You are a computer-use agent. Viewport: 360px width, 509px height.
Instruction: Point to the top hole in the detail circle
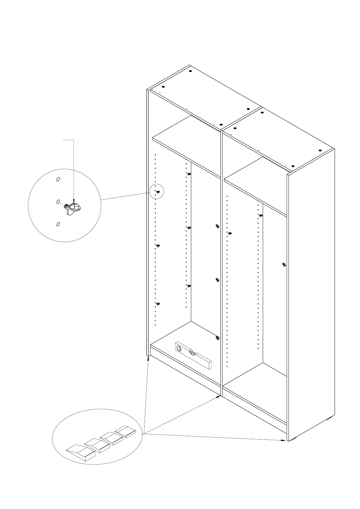pos(58,180)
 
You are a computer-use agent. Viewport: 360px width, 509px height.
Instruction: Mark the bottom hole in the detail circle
pos(58,224)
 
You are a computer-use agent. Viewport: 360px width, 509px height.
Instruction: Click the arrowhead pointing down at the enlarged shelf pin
pos(74,200)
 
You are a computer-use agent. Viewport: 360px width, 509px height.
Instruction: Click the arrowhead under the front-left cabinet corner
pos(148,358)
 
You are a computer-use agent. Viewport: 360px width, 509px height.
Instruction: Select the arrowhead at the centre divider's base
pos(219,396)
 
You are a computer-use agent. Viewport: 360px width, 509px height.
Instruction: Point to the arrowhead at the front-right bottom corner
pos(284,440)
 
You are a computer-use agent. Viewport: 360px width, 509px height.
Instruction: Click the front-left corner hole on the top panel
pos(163,87)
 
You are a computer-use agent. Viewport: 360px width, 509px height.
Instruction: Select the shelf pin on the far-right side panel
pos(284,265)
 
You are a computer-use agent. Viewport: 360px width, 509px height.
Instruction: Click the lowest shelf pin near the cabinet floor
pos(217,338)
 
